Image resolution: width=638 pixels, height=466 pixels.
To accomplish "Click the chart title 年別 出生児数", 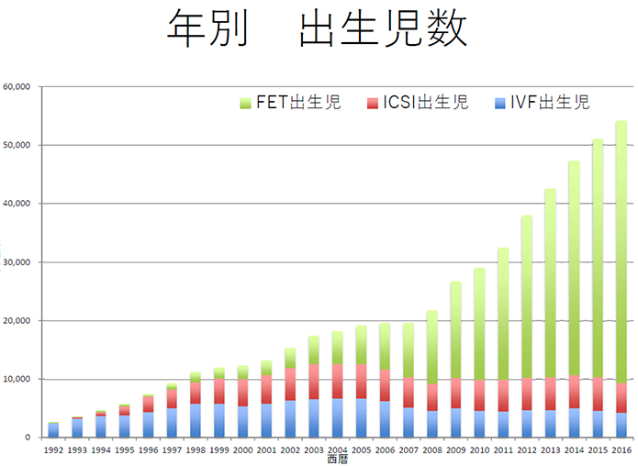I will [x=318, y=29].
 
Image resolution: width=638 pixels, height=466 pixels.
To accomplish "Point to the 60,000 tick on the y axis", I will [x=17, y=87].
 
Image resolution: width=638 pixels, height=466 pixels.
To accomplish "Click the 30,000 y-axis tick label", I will [x=17, y=262].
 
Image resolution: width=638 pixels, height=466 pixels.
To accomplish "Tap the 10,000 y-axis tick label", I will [x=17, y=379].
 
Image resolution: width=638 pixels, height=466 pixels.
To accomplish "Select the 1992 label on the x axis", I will [x=54, y=449].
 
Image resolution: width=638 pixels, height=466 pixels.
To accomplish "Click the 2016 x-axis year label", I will [x=621, y=449].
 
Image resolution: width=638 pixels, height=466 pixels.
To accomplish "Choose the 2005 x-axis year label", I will [x=361, y=449].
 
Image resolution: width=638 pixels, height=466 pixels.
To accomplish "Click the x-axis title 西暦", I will [x=337, y=459].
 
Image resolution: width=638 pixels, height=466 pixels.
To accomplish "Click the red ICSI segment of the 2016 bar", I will [x=621, y=398].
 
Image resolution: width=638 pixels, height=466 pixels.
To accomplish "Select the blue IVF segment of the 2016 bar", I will [x=621, y=425].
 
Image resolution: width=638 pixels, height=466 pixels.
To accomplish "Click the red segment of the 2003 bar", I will [x=314, y=382].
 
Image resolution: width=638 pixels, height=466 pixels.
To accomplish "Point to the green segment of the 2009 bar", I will [x=455, y=330].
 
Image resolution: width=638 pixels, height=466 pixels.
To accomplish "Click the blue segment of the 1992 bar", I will [x=54, y=430].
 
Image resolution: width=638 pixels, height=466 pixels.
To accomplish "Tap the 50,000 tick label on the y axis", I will [x=17, y=145].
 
